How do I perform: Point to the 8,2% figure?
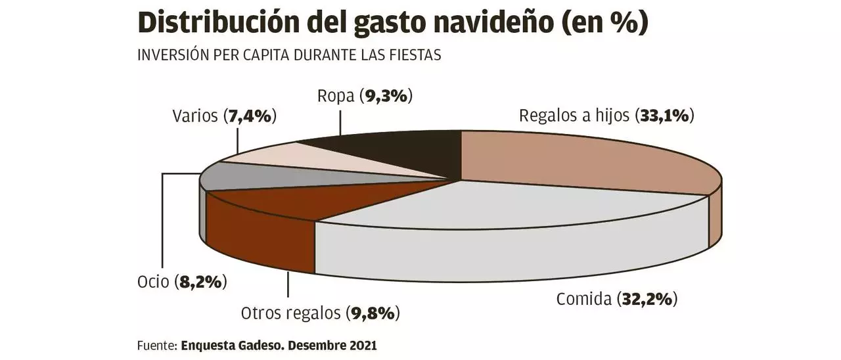coord(201,282)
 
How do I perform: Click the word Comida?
coord(583,300)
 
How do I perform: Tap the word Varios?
coord(194,116)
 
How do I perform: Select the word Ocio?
coord(152,282)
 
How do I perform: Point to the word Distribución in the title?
coord(220,24)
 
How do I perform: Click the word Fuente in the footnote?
coord(156,345)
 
